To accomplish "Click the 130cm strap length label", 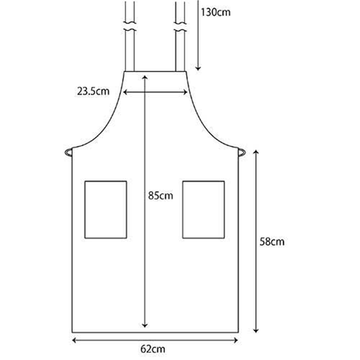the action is tap(216, 12).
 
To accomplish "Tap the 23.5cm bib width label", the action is tap(93, 91).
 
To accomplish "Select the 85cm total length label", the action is tap(161, 196).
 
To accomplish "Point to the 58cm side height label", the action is tap(272, 242).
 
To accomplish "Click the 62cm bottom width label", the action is tap(153, 349).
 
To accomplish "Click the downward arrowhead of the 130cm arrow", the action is tap(198, 68).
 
